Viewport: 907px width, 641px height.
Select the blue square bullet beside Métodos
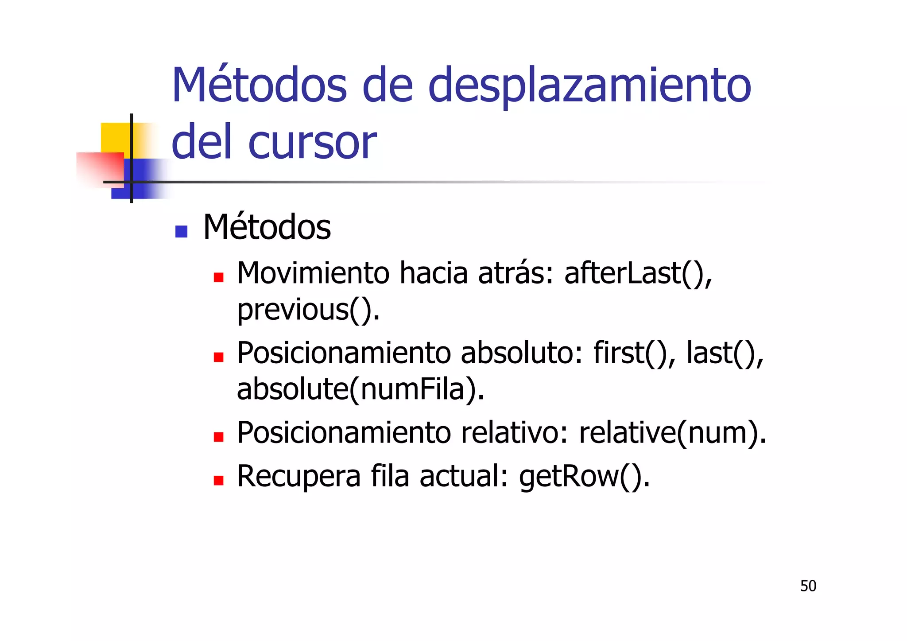[x=181, y=231]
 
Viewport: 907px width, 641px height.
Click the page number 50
[x=808, y=586]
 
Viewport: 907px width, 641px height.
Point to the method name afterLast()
[x=638, y=273]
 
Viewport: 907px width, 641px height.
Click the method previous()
[x=308, y=310]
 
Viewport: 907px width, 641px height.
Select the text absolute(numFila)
[x=360, y=389]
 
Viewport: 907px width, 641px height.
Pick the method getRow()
[x=584, y=477]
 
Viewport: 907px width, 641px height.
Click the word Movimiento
[x=313, y=273]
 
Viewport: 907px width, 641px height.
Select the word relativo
[x=514, y=433]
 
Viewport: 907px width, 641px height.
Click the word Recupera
[x=299, y=477]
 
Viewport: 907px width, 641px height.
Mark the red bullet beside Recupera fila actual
[x=218, y=481]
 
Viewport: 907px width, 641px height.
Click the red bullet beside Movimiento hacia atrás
[x=218, y=278]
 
